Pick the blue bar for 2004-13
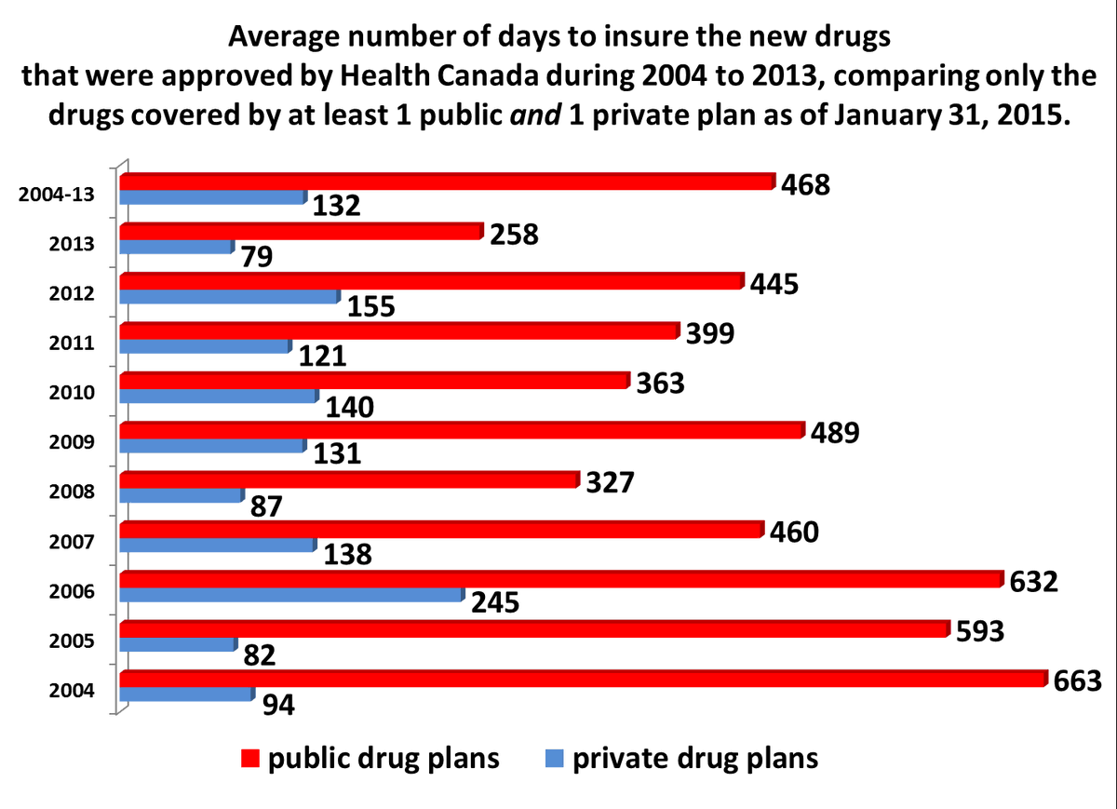coord(213,197)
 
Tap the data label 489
coord(835,433)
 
